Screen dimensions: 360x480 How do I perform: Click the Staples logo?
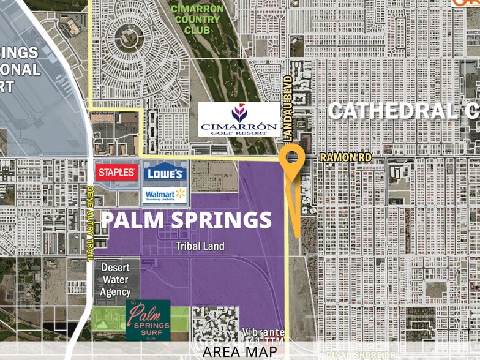coord(116,172)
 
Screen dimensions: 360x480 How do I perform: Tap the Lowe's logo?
coord(165,173)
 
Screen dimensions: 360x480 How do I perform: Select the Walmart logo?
coord(165,195)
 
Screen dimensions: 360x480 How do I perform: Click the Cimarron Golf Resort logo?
coord(239,120)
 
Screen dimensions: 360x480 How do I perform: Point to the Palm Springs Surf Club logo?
coord(148,320)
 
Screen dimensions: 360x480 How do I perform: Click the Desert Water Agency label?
coord(115,280)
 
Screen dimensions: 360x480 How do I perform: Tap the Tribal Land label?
coord(200,246)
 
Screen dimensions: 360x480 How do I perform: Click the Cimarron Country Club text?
coord(197,18)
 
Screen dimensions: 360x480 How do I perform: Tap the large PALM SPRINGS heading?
coord(186,219)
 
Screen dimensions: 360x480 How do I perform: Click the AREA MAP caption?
coord(239,351)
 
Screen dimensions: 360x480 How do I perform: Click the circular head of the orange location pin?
coord(292,158)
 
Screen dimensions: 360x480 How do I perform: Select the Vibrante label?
coord(264,332)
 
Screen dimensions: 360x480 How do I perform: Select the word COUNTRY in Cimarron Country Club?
coord(197,19)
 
